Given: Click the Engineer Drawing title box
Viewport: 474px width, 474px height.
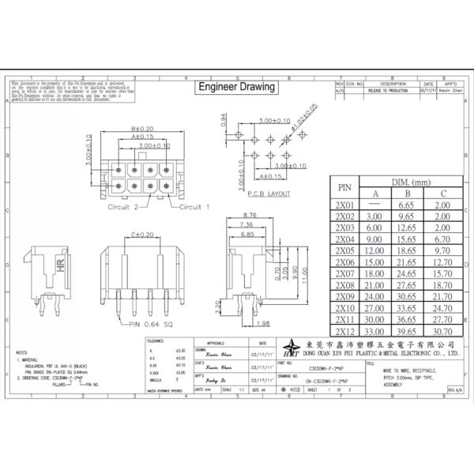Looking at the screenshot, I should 235,87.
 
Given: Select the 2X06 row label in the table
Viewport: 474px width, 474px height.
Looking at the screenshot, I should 344,261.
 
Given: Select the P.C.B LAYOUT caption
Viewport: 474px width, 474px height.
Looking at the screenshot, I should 268,194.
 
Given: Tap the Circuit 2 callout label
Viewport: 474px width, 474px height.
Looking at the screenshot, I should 123,207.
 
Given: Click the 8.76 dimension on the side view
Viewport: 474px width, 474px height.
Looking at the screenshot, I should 252,216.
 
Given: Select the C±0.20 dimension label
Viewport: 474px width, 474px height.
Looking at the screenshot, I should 142,235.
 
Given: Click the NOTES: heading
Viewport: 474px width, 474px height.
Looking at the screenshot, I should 22,352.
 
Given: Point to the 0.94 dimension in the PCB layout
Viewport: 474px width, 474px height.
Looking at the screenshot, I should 223,119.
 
